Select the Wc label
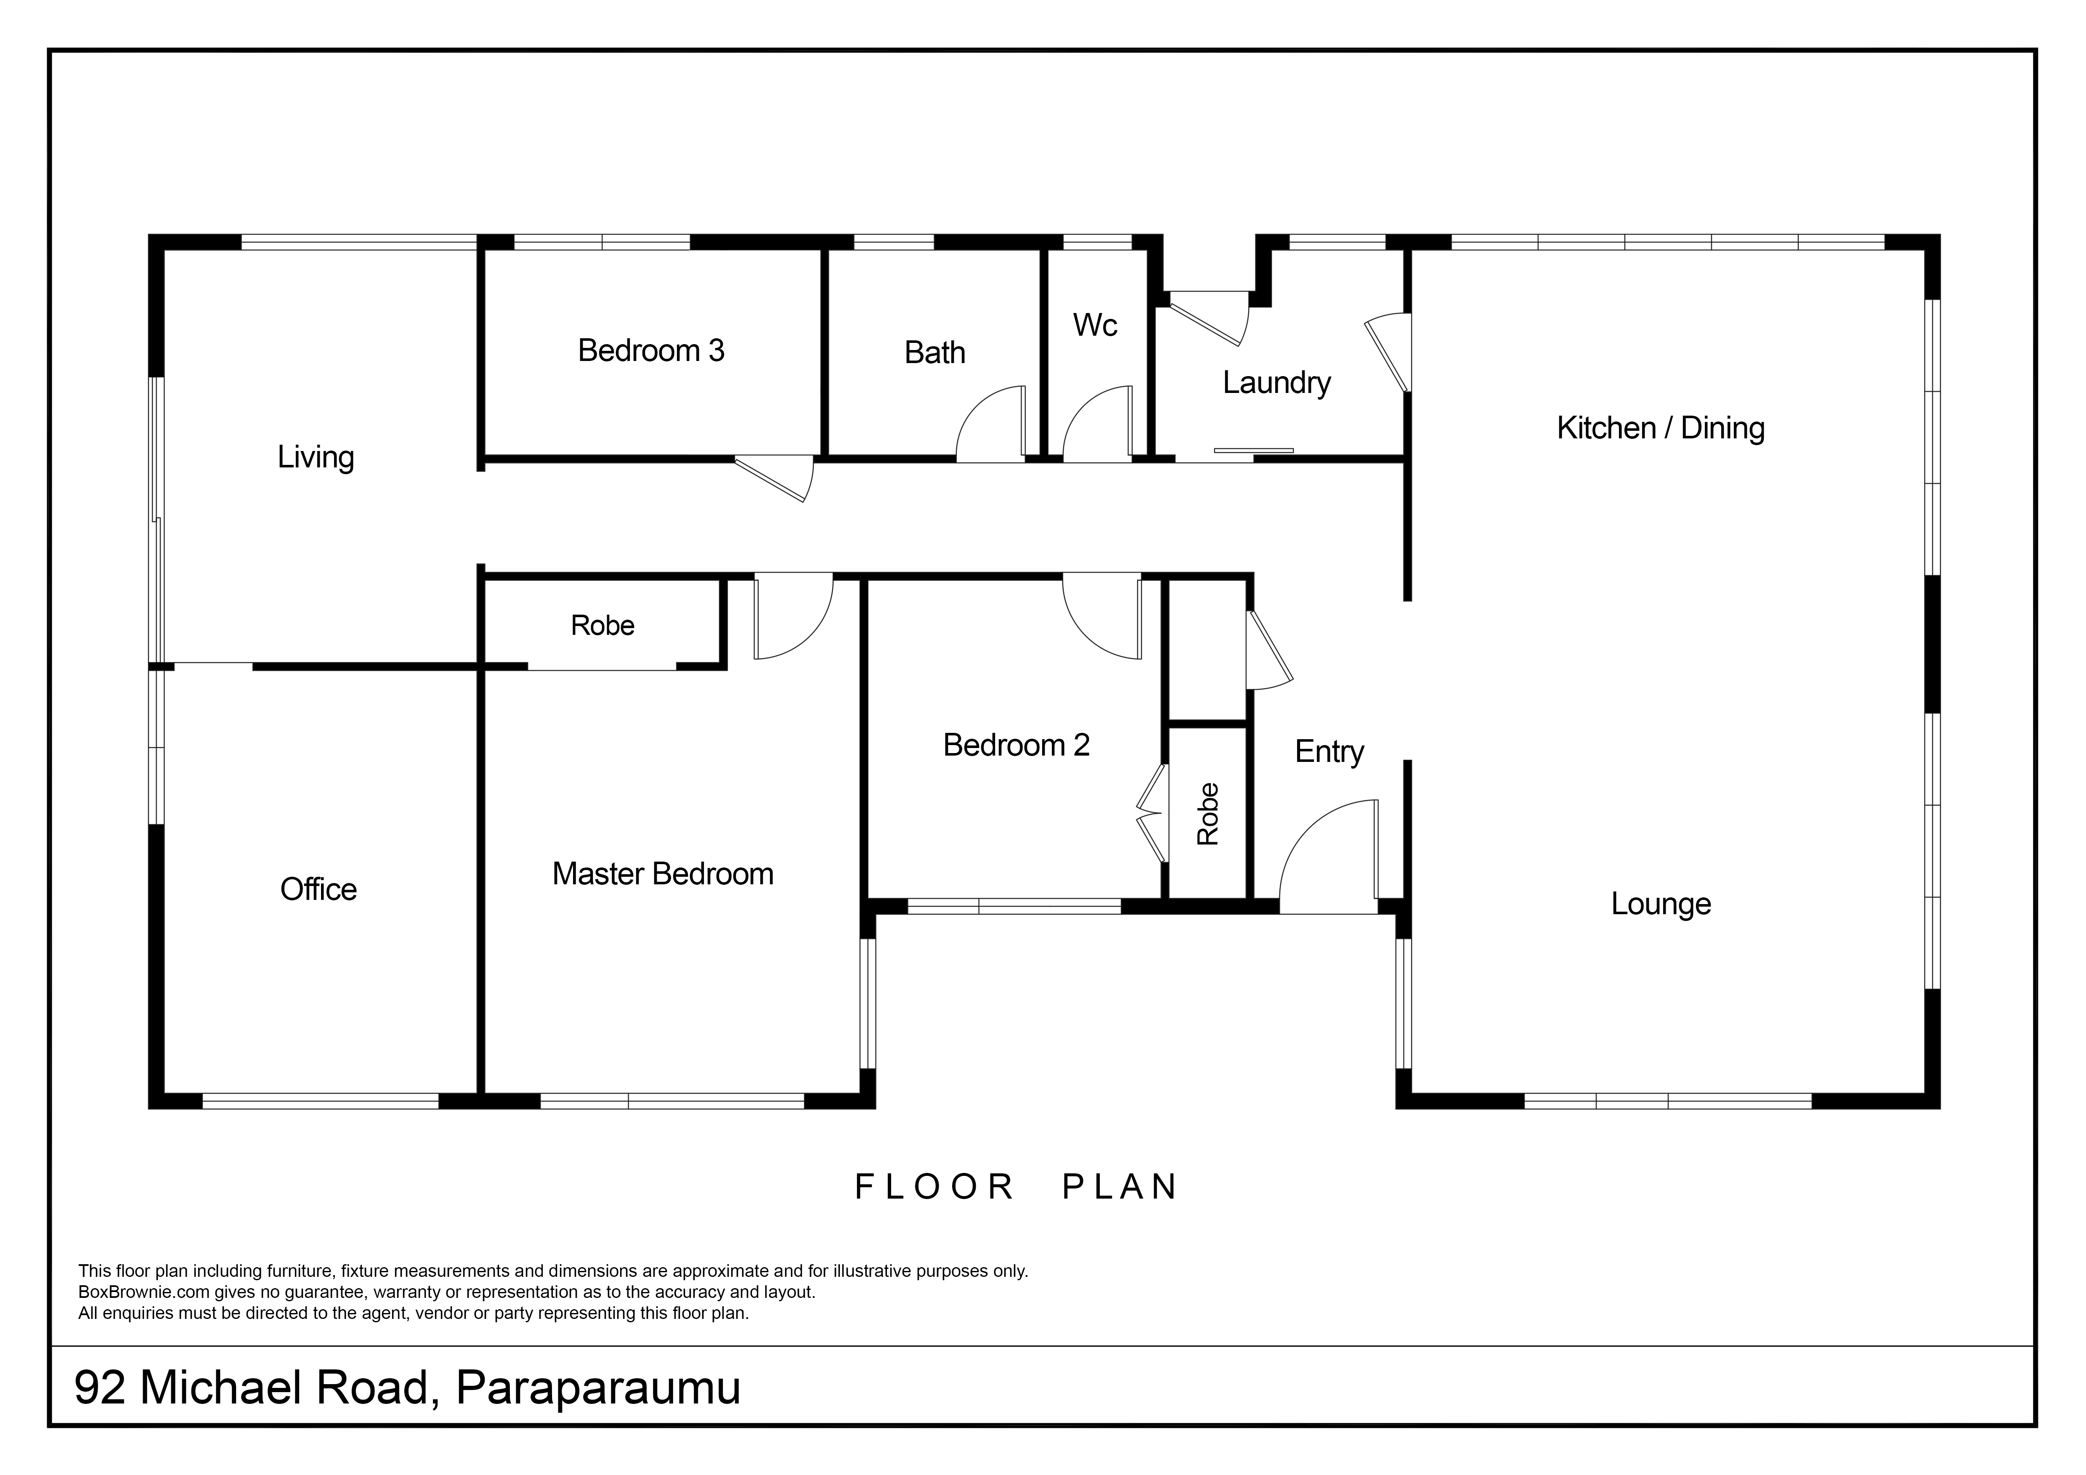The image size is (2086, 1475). tap(1095, 325)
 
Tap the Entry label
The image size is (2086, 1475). tap(1329, 752)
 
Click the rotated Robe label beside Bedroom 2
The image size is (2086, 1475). tap(1208, 814)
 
